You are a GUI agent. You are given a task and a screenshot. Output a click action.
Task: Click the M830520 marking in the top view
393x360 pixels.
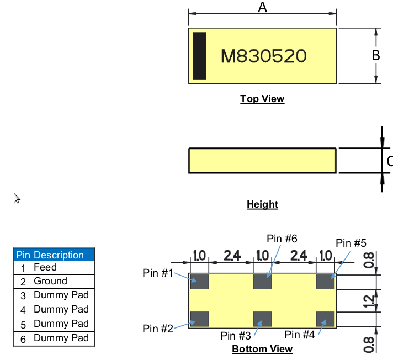(263, 56)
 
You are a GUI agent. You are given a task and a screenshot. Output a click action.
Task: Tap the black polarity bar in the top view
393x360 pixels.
(199, 55)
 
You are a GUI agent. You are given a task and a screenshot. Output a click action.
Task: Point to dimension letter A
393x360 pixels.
(263, 8)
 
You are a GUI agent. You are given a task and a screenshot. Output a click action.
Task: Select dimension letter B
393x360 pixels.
(376, 55)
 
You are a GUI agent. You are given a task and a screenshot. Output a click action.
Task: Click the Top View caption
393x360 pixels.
(262, 99)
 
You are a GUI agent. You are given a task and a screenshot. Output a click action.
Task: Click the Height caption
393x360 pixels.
(262, 205)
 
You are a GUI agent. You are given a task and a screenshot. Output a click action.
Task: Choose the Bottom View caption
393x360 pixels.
(262, 349)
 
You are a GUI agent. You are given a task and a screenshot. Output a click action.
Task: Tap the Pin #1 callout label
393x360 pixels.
(158, 273)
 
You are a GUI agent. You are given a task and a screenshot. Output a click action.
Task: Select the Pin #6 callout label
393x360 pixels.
(282, 239)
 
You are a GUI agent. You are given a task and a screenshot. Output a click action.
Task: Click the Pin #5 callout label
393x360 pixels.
(351, 243)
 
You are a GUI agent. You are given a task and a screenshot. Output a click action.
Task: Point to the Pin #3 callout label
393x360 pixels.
(236, 336)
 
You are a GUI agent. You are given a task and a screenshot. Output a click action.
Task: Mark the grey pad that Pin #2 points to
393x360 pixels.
(199, 319)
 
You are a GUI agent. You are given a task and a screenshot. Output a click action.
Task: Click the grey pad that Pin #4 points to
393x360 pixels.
(326, 319)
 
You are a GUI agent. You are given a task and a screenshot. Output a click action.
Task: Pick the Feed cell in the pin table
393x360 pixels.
(45, 267)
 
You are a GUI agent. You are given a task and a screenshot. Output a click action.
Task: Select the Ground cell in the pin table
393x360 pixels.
(50, 281)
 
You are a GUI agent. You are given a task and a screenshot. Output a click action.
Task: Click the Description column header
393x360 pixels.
(59, 255)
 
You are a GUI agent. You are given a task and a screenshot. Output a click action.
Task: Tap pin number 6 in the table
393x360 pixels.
(23, 339)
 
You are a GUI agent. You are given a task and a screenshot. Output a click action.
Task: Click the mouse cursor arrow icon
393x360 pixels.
(17, 198)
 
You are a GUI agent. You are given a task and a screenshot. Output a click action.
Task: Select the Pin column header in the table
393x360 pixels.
(23, 255)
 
